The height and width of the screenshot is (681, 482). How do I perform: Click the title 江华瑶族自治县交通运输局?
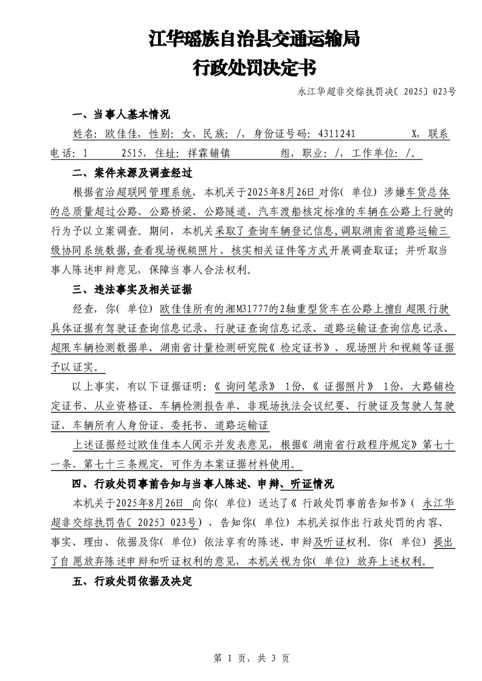tap(254, 40)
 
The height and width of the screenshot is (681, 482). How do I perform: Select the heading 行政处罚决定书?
tap(254, 68)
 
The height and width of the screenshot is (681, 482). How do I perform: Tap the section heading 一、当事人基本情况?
tap(121, 115)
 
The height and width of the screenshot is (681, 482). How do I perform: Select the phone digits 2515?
tap(132, 153)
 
